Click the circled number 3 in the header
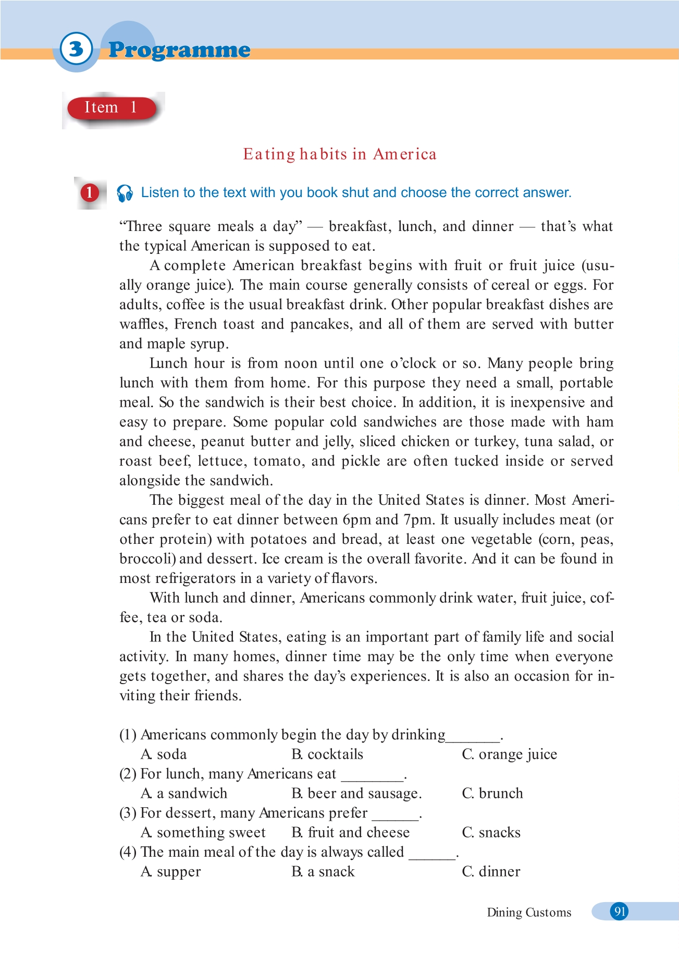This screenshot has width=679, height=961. pyautogui.click(x=76, y=49)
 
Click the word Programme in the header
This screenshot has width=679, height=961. pyautogui.click(x=179, y=50)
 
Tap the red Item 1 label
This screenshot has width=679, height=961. pyautogui.click(x=111, y=108)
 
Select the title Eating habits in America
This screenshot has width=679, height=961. pyautogui.click(x=340, y=154)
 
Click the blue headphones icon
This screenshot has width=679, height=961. pyautogui.click(x=125, y=193)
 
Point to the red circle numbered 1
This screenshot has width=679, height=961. pyautogui.click(x=89, y=193)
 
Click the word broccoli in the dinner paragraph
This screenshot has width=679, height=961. pyautogui.click(x=147, y=559)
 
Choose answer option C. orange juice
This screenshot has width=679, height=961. pyautogui.click(x=509, y=755)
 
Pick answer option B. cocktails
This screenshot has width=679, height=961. pyautogui.click(x=327, y=755)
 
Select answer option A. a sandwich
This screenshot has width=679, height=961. pyautogui.click(x=184, y=794)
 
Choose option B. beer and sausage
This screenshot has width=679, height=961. pyautogui.click(x=356, y=794)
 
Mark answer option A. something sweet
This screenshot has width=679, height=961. pyautogui.click(x=203, y=833)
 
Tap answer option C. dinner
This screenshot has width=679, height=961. pyautogui.click(x=491, y=872)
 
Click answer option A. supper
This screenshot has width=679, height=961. pyautogui.click(x=171, y=872)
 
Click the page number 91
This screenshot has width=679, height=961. pyautogui.click(x=619, y=911)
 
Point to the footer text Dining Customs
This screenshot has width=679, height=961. pyautogui.click(x=529, y=913)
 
